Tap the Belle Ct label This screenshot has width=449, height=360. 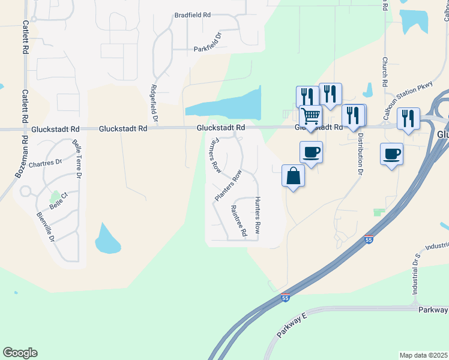coord(59,204)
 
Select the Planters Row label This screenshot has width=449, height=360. coord(229,185)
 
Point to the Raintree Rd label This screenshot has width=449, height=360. coord(239,221)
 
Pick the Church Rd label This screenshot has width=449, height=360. coord(385,73)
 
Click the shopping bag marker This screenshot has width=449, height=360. coord(293,176)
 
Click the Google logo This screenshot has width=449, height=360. coord(20,353)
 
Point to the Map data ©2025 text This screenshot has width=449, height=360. coord(424,355)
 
